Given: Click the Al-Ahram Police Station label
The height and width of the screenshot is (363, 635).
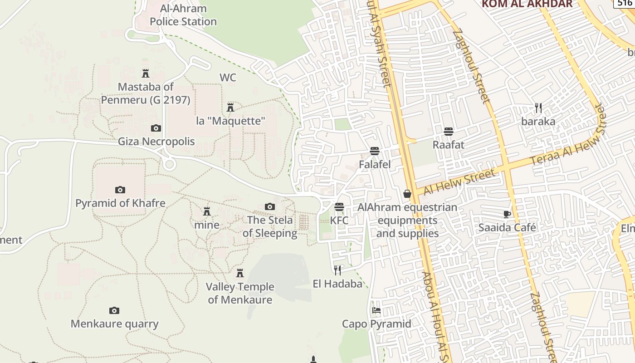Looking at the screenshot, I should click(183, 15).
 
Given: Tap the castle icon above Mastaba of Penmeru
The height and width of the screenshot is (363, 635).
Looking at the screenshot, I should click(146, 74).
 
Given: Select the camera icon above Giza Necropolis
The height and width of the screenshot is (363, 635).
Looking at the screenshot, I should click(156, 128).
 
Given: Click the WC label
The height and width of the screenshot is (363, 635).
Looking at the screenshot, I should click(228, 78).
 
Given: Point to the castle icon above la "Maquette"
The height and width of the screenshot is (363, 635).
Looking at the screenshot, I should click(230, 108).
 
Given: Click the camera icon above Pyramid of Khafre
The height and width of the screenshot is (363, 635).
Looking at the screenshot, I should click(120, 190).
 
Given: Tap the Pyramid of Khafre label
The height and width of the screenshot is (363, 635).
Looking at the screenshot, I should click(120, 203).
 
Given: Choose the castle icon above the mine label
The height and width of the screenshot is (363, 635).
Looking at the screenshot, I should click(207, 211).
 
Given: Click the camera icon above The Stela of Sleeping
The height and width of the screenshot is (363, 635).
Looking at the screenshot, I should click(270, 207).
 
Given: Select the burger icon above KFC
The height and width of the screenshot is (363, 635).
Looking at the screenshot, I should click(339, 207).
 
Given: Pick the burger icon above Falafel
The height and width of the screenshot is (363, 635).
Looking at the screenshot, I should click(375, 151).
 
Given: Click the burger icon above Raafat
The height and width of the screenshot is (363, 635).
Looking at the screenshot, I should click(449, 132).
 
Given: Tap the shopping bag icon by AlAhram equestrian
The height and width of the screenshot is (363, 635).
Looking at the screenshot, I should click(407, 194).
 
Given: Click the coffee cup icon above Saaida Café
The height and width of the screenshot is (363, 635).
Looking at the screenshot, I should click(507, 214).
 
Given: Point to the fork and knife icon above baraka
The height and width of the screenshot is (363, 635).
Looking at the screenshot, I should click(538, 108).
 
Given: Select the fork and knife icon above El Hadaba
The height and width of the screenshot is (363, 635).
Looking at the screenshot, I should click(337, 270).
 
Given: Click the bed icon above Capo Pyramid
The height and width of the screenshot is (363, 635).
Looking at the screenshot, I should click(376, 310).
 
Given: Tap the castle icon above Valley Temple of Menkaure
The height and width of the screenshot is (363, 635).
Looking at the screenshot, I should click(240, 273).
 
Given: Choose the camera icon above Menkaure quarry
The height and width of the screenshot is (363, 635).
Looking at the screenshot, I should click(114, 311).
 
